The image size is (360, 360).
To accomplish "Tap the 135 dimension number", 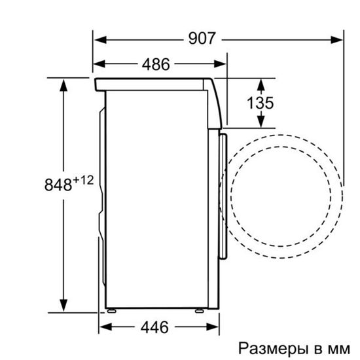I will [x=261, y=103].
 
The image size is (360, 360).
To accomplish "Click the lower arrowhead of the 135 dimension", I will [x=261, y=122].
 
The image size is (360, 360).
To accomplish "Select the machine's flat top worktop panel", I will [x=154, y=82].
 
